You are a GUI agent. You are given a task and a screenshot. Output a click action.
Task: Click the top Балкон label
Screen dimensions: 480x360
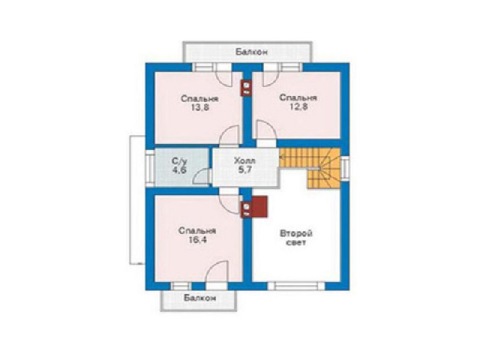click(x=252, y=52)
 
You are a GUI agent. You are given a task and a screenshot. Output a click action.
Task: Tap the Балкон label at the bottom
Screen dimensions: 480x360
click(x=200, y=298)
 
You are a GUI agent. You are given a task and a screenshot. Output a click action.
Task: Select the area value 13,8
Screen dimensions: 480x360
click(x=200, y=108)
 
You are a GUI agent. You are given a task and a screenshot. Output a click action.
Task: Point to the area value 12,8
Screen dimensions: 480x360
click(x=298, y=106)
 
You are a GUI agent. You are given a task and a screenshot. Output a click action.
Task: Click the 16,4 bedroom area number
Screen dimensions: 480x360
click(x=198, y=240)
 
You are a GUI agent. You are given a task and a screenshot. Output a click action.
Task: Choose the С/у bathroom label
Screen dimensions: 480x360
click(x=179, y=160)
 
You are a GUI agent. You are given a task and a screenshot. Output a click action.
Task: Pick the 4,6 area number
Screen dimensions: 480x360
click(x=179, y=170)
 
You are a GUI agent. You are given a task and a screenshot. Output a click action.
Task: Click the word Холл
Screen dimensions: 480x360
click(x=245, y=160)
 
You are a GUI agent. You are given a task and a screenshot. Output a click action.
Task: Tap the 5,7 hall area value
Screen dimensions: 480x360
click(x=245, y=170)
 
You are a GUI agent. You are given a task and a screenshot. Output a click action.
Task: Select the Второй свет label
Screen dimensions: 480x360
click(x=296, y=238)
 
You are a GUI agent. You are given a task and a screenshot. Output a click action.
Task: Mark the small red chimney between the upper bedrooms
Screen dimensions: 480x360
click(x=247, y=88)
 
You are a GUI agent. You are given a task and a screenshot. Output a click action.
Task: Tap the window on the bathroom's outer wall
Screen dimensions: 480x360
click(x=150, y=168)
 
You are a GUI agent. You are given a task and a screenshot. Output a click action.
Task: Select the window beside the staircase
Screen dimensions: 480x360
click(x=345, y=168)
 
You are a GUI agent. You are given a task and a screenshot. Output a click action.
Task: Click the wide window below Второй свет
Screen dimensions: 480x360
click(x=296, y=286)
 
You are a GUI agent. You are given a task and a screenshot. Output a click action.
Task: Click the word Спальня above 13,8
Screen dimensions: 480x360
click(x=199, y=99)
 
